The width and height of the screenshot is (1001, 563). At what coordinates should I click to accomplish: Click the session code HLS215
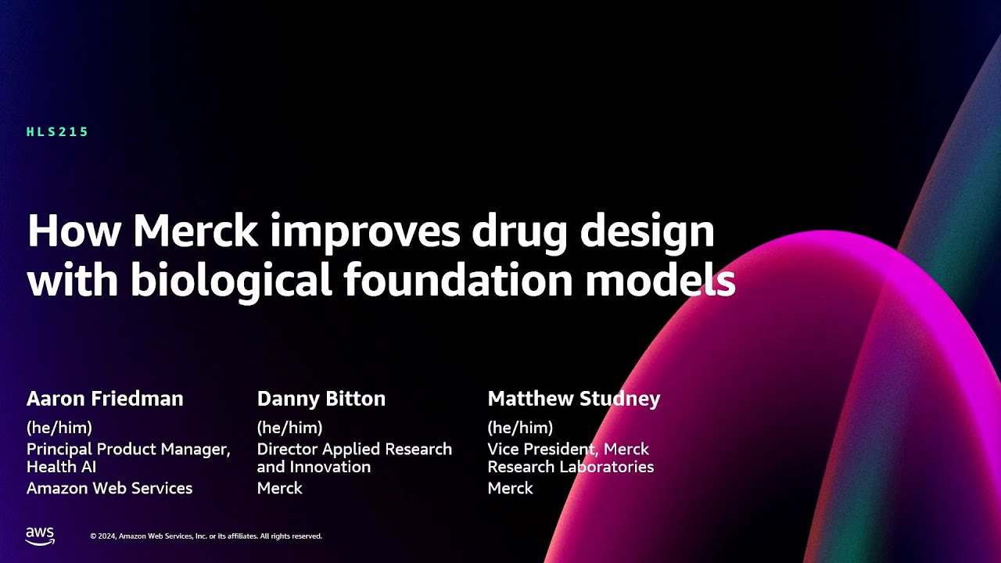tap(58, 132)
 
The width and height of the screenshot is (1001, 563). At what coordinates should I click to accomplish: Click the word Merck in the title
tap(195, 231)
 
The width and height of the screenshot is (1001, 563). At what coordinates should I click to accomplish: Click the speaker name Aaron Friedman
tap(105, 399)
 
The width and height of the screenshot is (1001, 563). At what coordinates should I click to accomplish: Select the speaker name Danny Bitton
tap(321, 399)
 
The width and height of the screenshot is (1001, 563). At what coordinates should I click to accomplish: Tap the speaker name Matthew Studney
tap(574, 399)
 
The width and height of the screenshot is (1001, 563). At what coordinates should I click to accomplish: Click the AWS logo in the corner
tap(40, 536)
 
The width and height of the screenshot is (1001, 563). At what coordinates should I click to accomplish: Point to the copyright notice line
tap(206, 536)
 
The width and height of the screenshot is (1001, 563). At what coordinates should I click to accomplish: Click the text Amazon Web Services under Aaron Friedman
tap(109, 489)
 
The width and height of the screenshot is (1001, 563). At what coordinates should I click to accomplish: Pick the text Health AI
tap(62, 467)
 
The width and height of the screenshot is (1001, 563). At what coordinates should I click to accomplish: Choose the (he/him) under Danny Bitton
tap(289, 428)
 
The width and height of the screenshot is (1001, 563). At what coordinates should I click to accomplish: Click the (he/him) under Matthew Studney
tap(520, 428)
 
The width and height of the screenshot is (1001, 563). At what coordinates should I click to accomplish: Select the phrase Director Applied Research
tap(354, 450)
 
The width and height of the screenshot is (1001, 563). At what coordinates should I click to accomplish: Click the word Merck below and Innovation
tap(280, 489)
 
